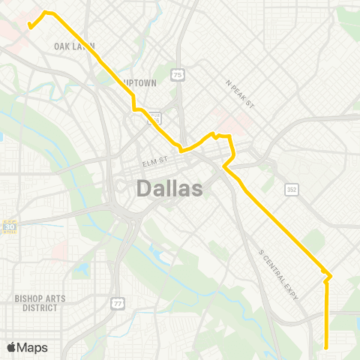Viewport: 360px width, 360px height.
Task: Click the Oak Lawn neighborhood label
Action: coord(74,46)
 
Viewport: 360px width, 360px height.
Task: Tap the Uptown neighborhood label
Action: coord(140,83)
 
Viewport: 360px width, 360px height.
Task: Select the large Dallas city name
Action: coord(169,188)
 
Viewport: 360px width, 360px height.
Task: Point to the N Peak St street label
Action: coord(241,94)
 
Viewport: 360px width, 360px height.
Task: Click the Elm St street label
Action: coord(158,160)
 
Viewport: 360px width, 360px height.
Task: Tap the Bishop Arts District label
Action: coord(40,303)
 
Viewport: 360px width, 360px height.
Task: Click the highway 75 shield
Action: coord(177,75)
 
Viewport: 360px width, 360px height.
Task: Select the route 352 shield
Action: coord(292,190)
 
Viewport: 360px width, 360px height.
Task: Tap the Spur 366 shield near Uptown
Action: coord(154,117)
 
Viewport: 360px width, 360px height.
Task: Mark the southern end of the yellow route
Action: coord(326,346)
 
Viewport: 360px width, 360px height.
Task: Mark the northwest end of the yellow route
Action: coord(29,27)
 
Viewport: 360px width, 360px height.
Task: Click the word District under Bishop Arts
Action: coord(40,307)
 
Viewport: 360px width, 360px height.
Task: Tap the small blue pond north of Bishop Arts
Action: coord(81,268)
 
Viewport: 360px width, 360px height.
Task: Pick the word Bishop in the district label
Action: coord(28,298)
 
